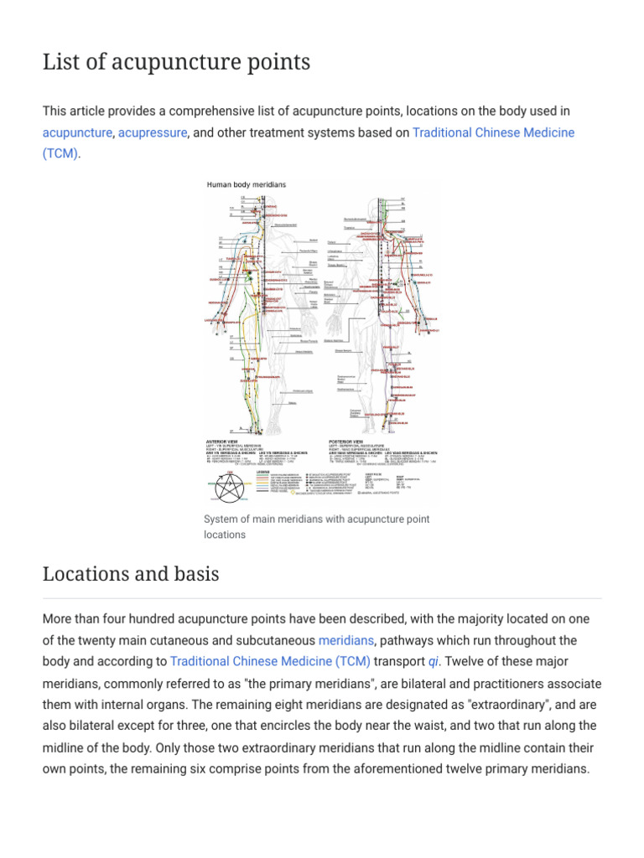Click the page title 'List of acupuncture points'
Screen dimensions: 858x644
[x=176, y=62]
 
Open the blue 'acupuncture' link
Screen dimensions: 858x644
[x=77, y=133]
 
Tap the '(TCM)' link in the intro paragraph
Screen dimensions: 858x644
[x=60, y=154]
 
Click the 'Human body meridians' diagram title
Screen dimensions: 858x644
[x=246, y=184]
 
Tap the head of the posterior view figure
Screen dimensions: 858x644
[x=383, y=202]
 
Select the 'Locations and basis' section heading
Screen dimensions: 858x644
[x=130, y=574]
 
